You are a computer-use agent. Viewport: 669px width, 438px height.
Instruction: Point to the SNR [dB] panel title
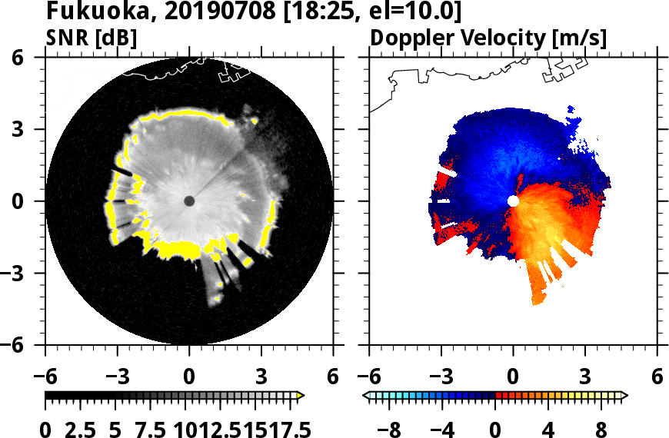[92, 38]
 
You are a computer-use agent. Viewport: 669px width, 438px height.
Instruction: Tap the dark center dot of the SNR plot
[189, 201]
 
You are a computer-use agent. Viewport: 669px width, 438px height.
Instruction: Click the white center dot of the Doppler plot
[513, 201]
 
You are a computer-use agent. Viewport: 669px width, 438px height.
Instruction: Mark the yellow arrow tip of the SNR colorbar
[301, 396]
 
